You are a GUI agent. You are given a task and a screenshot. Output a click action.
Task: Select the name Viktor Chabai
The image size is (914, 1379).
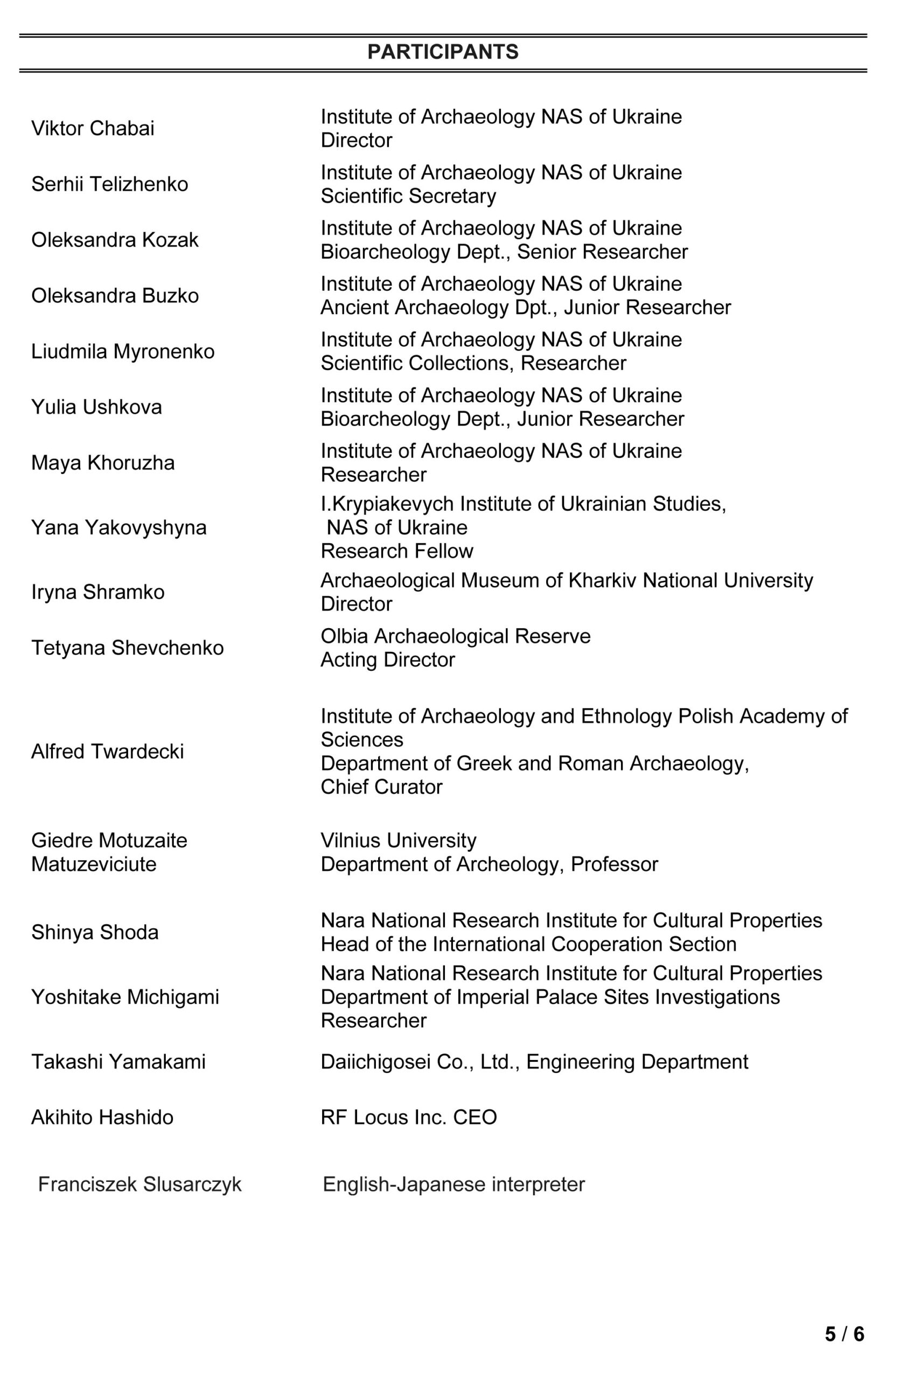click(x=93, y=128)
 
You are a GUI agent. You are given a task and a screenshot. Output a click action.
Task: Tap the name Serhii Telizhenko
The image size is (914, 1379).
click(x=109, y=184)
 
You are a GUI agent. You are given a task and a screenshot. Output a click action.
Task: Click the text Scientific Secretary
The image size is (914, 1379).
click(x=408, y=196)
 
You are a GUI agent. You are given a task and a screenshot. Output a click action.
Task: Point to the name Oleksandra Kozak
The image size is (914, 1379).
click(x=115, y=240)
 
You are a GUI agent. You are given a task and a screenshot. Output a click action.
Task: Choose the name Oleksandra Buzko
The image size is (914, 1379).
click(x=115, y=296)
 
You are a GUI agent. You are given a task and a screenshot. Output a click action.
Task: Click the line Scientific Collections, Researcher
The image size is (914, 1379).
click(x=473, y=363)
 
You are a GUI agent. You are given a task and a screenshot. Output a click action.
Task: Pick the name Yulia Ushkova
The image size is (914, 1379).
click(x=96, y=407)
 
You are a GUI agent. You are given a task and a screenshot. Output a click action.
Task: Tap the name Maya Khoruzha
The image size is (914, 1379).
click(x=102, y=463)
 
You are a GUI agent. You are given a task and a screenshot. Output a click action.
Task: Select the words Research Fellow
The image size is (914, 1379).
click(x=397, y=551)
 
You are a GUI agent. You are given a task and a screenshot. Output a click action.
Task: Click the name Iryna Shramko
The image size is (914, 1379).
click(x=98, y=592)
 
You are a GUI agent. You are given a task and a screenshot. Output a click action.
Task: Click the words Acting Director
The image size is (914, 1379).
click(x=388, y=660)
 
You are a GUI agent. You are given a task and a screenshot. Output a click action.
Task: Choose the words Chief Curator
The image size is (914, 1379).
click(x=381, y=787)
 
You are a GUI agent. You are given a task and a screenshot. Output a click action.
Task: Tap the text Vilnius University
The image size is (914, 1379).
click(x=398, y=840)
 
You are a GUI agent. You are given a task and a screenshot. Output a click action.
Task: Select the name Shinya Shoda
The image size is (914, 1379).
click(x=94, y=932)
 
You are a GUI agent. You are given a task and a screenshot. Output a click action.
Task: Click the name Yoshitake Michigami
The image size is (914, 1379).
click(x=125, y=997)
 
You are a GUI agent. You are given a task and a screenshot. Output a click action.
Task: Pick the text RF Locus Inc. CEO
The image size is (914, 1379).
click(x=409, y=1117)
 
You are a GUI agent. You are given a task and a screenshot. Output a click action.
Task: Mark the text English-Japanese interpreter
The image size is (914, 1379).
click(x=453, y=1185)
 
